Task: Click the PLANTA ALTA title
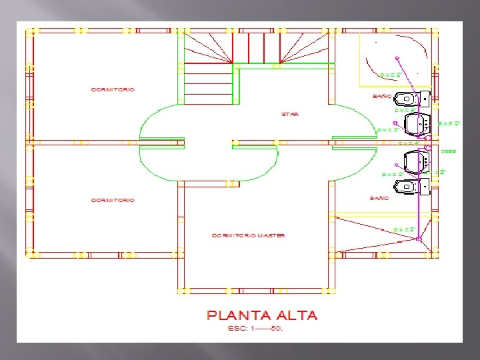coord(262,315)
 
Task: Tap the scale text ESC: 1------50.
coord(255,329)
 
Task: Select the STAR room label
coord(289,114)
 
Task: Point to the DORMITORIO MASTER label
coord(248,235)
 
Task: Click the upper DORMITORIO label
coord(113,89)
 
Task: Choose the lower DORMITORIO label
coord(113,200)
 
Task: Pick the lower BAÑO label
coord(379,198)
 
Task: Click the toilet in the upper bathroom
coord(406,99)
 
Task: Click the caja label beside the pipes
coord(449,151)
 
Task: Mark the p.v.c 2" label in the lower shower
coord(403,229)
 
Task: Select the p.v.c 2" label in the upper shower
coord(390,75)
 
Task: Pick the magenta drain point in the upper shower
coord(397,58)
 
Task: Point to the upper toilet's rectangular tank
coord(424,99)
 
